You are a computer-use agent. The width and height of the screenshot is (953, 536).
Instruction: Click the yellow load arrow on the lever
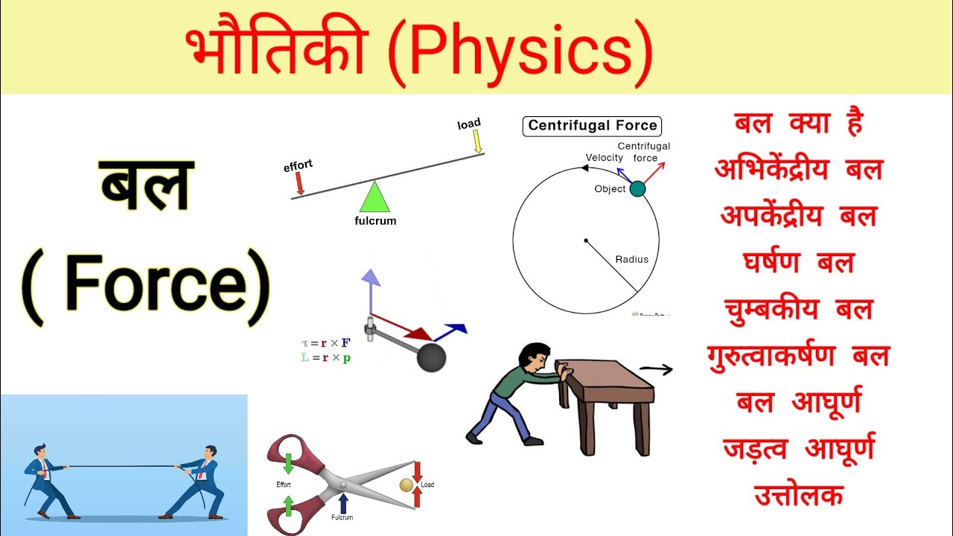[478, 141]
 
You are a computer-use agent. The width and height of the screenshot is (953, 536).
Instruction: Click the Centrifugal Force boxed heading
[592, 125]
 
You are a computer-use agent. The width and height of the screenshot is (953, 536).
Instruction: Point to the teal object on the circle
[637, 189]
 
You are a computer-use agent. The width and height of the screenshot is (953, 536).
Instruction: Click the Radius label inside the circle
[631, 260]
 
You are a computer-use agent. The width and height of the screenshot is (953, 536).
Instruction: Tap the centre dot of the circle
[586, 240]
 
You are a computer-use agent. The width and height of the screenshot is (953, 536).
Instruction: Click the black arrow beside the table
[656, 369]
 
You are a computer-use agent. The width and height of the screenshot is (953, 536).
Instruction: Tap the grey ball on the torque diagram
[431, 358]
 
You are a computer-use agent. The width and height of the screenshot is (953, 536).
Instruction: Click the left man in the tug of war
[44, 480]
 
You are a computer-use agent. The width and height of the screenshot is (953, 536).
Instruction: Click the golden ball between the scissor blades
[406, 485]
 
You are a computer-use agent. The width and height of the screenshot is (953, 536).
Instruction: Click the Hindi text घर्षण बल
[797, 262]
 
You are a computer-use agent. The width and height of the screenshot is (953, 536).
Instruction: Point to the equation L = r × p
[326, 358]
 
